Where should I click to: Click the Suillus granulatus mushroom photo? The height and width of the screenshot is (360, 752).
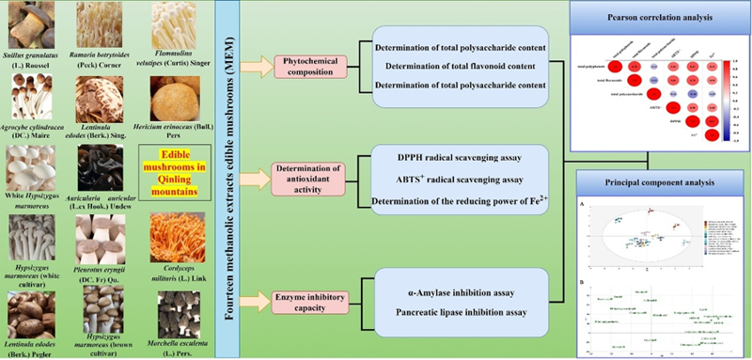pyautogui.click(x=28, y=19)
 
